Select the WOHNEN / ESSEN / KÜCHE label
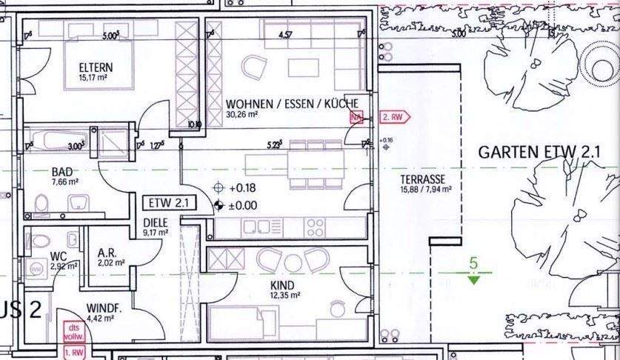click(292, 104)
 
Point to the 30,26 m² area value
click(242, 115)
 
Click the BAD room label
click(40, 171)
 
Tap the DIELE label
click(156, 221)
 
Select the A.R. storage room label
click(106, 251)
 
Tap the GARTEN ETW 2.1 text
click(539, 153)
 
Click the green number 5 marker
click(473, 262)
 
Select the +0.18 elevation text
click(243, 188)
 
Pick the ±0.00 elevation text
click(243, 205)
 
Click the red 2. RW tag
click(392, 117)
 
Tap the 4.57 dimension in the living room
click(285, 34)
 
